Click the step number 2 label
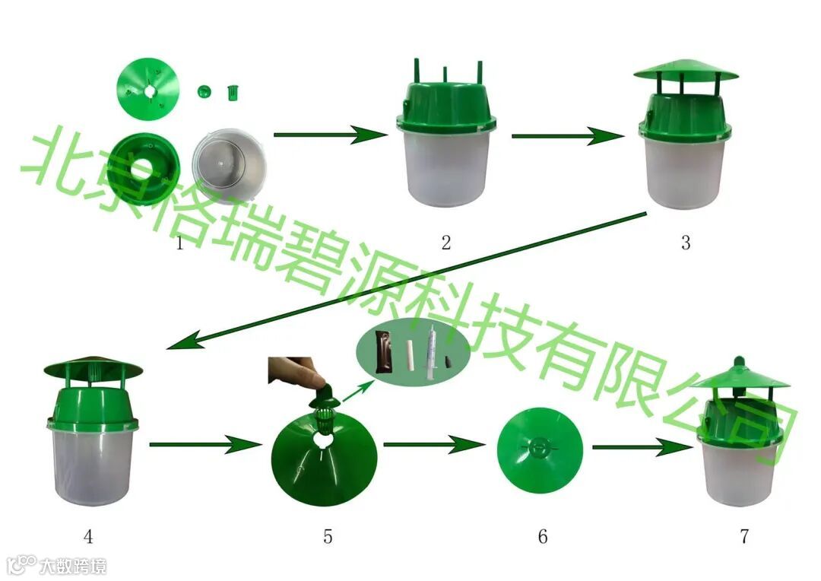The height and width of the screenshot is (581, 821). [446, 243]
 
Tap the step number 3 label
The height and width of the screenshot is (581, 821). [686, 243]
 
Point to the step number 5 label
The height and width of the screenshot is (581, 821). [328, 537]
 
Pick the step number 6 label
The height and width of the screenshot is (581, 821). [543, 537]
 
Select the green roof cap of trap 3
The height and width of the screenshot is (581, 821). [685, 71]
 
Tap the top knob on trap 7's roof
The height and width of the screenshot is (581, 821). [738, 362]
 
